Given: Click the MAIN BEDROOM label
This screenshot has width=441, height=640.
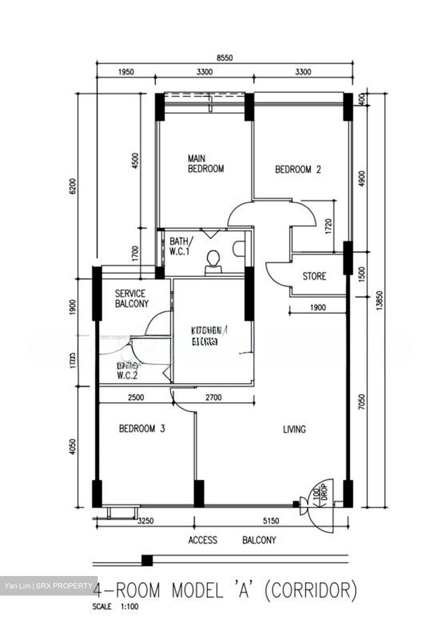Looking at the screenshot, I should tap(205, 164).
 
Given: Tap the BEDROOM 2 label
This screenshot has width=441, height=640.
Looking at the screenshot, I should tap(298, 169).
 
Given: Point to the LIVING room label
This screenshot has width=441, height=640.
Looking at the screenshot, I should tap(294, 429).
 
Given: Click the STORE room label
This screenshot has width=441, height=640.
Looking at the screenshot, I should tap(314, 276).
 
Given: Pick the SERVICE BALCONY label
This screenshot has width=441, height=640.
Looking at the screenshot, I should tap(131, 299).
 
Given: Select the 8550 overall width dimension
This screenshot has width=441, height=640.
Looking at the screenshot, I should tap(224, 58).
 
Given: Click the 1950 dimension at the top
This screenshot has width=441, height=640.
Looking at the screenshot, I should tap(126, 72).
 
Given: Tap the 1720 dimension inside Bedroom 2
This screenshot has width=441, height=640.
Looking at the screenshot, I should tap(329, 227).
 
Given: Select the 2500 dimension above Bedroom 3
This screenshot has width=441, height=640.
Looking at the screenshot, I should tap(135, 398).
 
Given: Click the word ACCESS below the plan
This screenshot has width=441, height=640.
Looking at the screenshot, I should tap(203, 540).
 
